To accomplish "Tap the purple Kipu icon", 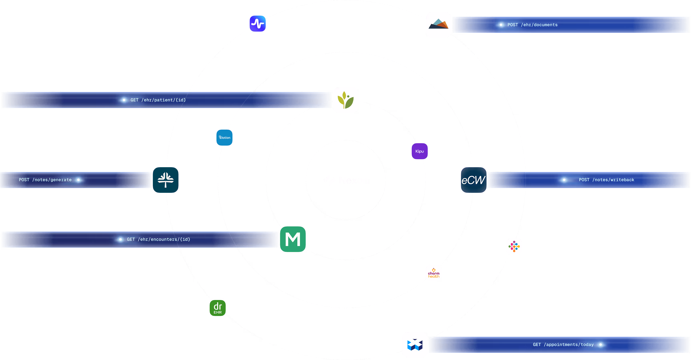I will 420,151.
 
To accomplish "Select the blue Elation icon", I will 224,138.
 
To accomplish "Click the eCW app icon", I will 474,180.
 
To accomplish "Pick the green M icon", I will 293,239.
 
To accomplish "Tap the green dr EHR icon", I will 217,308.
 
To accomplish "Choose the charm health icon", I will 434,273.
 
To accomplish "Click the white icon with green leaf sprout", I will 345,100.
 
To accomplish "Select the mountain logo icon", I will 438,25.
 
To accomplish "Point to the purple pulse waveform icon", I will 257,24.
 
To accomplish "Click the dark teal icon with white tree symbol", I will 165,180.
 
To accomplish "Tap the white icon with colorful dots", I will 514,246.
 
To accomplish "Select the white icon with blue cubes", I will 415,345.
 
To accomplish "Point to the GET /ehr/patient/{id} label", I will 158,100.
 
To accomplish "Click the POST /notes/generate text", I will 45,180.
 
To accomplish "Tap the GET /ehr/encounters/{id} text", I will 158,239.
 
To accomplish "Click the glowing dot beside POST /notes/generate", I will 78,180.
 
